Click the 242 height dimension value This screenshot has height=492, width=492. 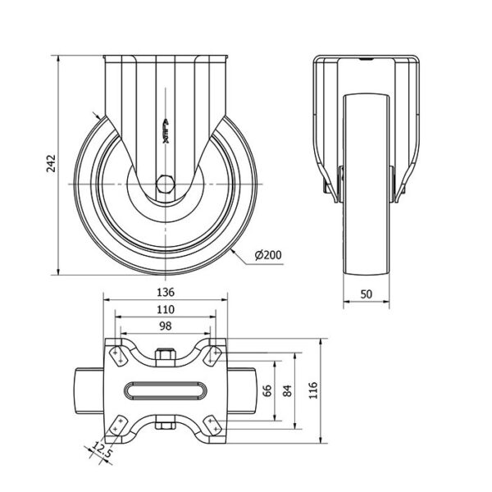51,163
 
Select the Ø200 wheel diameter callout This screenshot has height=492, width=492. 268,255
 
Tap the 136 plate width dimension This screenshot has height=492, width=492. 166,293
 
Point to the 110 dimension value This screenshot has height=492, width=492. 166,310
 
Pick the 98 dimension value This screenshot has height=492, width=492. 166,326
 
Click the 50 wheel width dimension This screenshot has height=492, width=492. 367,294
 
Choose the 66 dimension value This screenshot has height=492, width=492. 267,391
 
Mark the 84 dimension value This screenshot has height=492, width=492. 288,391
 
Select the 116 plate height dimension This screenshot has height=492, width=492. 313,390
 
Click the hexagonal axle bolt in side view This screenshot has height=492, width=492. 166,184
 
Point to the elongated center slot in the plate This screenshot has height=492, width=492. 166,391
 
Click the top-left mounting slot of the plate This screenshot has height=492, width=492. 117,357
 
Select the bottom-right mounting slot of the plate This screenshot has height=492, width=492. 213,425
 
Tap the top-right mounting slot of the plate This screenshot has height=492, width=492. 213,357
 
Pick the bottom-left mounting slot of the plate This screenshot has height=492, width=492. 117,425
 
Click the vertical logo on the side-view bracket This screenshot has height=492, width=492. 166,132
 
